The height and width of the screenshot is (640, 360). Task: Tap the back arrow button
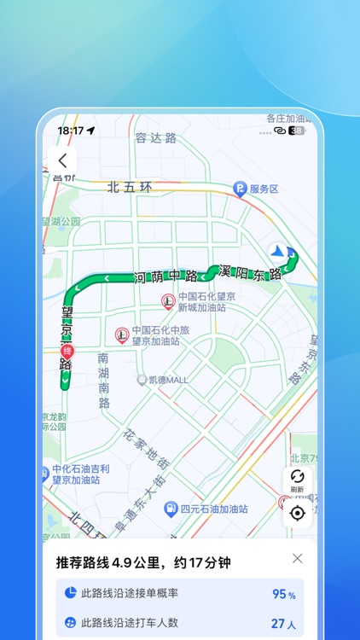(x=62, y=160)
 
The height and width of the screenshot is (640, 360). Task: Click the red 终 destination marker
(x=67, y=351)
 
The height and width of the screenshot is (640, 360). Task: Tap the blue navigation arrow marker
(x=278, y=252)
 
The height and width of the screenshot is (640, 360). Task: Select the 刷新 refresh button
(x=297, y=481)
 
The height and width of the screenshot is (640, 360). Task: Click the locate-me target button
(x=297, y=513)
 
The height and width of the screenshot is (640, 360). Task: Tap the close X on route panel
(x=297, y=558)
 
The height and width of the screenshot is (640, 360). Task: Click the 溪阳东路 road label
(x=250, y=274)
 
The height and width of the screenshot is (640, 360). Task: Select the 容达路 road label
(x=155, y=137)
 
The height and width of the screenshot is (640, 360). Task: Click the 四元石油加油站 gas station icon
(x=171, y=509)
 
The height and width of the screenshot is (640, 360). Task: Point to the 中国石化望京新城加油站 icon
(x=169, y=301)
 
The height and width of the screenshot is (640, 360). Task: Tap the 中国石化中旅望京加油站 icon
(x=122, y=335)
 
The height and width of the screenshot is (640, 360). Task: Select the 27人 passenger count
(x=283, y=624)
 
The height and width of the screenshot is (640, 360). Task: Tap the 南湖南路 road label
(x=104, y=380)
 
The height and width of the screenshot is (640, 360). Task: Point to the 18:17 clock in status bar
(x=71, y=131)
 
